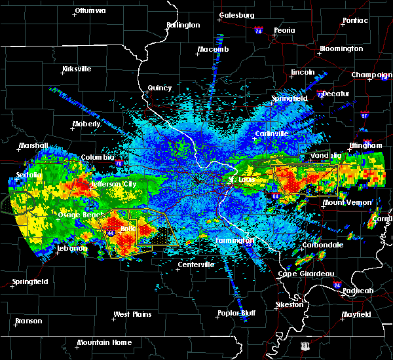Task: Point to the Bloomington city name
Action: pos(341,49)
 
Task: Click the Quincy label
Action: pos(160,88)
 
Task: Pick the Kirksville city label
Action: pos(76,69)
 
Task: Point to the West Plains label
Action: pos(132,314)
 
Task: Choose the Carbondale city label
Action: pos(322,245)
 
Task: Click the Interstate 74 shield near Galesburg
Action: pos(258,31)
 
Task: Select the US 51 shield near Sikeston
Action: pos(305,344)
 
